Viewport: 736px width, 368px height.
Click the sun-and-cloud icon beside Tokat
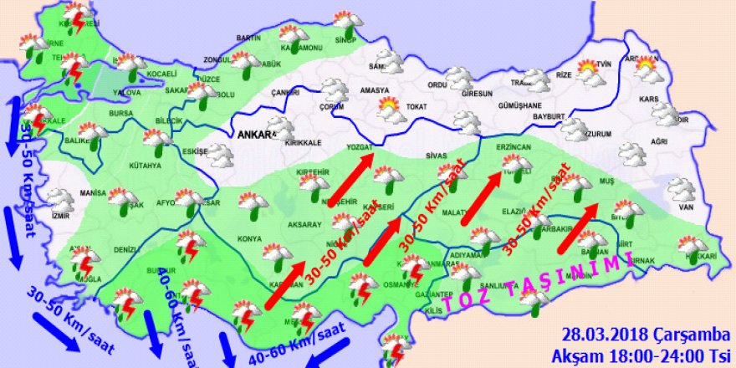pos(389,106)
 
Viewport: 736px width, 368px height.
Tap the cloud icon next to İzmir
pos(60,199)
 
